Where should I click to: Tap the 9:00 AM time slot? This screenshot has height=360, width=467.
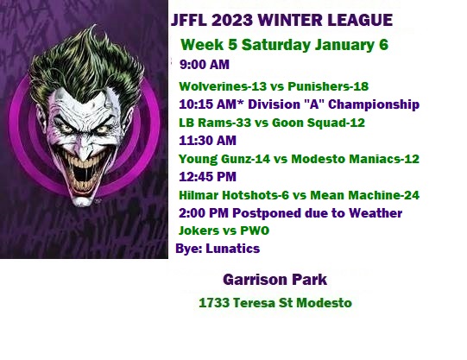point(205,65)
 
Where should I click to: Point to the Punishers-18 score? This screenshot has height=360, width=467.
point(328,86)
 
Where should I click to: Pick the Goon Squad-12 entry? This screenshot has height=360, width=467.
point(319,123)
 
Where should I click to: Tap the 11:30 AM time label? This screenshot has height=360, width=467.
point(207,141)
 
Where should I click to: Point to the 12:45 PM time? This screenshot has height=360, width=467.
point(207,177)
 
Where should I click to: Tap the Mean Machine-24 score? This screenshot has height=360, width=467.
point(365,195)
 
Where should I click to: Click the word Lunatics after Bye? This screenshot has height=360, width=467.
point(232,249)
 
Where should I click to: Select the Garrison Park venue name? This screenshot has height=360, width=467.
point(275,280)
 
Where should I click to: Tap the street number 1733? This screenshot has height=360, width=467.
point(214,303)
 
